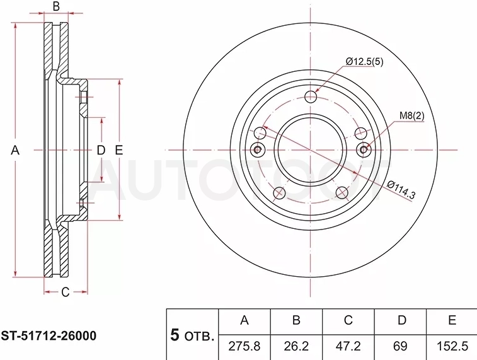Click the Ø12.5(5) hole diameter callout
pyautogui.click(x=364, y=62)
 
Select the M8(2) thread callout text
pyautogui.click(x=411, y=115)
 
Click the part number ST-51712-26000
pyautogui.click(x=49, y=336)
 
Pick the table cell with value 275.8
pyautogui.click(x=244, y=346)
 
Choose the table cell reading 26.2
pyautogui.click(x=296, y=346)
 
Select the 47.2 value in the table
pyautogui.click(x=348, y=346)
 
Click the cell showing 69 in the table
pyautogui.click(x=400, y=346)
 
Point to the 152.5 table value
pyautogui.click(x=452, y=346)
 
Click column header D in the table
pyautogui.click(x=402, y=320)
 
